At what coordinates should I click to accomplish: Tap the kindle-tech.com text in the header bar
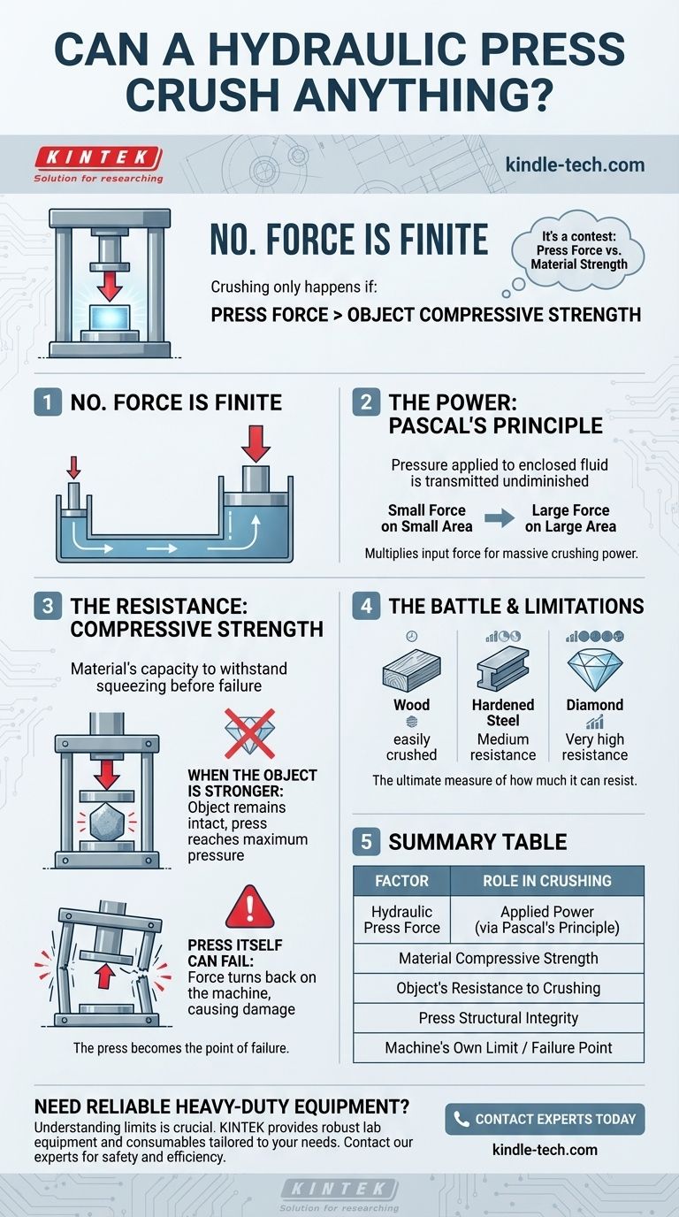[x=575, y=165]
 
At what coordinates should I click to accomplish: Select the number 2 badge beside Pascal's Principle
[x=365, y=403]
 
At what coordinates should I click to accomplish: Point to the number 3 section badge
[x=47, y=607]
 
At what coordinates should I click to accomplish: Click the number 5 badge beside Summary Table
[x=365, y=841]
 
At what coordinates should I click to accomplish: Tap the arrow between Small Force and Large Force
[x=500, y=518]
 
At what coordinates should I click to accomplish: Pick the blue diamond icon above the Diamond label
[x=594, y=670]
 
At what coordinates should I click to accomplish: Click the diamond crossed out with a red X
[x=249, y=733]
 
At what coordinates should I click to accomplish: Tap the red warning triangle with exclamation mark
[x=249, y=908]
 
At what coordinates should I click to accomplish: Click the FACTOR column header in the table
[x=401, y=881]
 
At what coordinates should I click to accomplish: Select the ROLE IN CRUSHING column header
[x=546, y=881]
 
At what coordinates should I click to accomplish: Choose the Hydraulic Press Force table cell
[x=401, y=920]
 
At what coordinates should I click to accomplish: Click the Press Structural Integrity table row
[x=498, y=1018]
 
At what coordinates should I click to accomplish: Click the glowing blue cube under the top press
[x=111, y=317]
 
